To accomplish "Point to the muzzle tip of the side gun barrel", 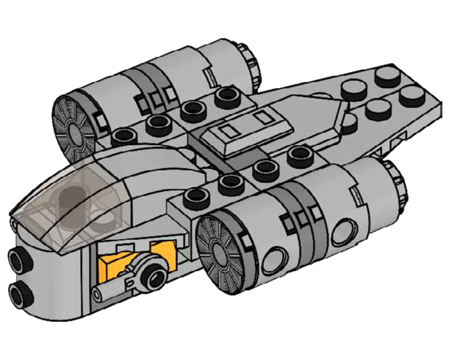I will [x=96, y=294].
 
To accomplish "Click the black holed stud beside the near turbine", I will [x=197, y=195].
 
